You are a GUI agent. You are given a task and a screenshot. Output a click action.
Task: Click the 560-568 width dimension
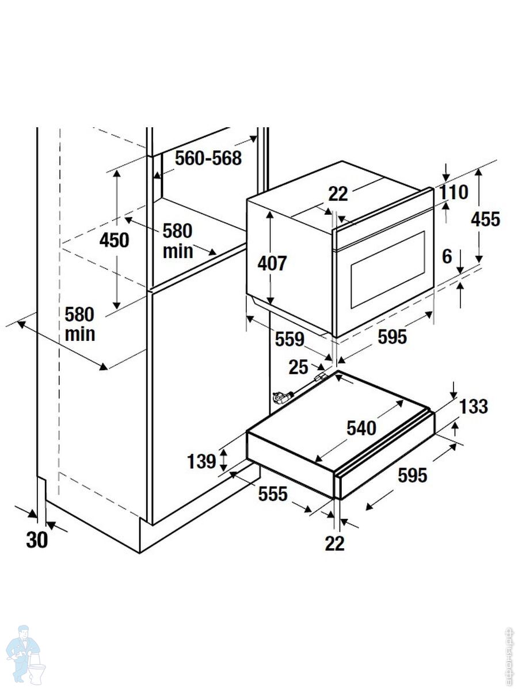[x=208, y=158]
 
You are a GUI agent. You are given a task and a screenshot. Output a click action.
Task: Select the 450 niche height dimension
[x=115, y=240]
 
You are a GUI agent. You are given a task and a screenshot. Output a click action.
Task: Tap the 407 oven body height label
[x=272, y=263]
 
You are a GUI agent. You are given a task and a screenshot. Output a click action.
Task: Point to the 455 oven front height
[x=485, y=219]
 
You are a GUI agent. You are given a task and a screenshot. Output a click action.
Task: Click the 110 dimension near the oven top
[x=454, y=192]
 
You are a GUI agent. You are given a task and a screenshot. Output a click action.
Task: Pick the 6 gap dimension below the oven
[x=447, y=257]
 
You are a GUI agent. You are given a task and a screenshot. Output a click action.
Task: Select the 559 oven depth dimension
[x=289, y=340]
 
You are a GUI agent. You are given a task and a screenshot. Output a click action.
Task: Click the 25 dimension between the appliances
[x=299, y=367]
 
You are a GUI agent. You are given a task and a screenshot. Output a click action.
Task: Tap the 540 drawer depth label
[x=361, y=428]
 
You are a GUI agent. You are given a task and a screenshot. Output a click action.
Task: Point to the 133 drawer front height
[x=474, y=407]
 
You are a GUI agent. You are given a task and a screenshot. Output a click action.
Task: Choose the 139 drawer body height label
[x=201, y=461]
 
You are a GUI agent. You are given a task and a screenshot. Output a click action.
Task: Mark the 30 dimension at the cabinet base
[x=37, y=540]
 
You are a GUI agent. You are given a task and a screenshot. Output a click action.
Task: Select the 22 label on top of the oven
[x=338, y=194]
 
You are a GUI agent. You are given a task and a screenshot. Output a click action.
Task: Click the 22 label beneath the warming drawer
[x=334, y=543]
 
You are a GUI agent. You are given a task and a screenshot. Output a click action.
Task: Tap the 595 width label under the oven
[x=392, y=337]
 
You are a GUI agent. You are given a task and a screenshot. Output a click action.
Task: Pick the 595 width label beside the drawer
[x=413, y=475]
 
